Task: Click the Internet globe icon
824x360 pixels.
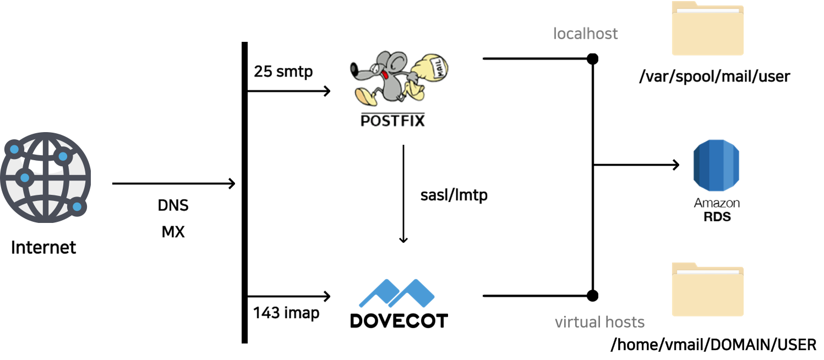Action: [46, 177]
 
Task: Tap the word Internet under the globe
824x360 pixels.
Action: [43, 247]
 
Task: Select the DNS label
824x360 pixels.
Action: [173, 205]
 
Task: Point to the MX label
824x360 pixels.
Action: [173, 232]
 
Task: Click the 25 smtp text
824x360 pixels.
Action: [283, 72]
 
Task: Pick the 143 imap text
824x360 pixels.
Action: [286, 313]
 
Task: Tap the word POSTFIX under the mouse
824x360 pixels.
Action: [392, 121]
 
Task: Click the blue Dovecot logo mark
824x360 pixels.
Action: [396, 293]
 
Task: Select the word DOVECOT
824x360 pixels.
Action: [399, 321]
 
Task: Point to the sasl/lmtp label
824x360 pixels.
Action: [454, 195]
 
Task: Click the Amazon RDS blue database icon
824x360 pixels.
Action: [716, 166]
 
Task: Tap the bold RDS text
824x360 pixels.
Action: [717, 216]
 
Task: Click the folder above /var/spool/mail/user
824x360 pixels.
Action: [708, 28]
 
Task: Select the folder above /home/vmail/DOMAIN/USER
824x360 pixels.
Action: [708, 290]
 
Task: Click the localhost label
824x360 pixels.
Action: [585, 34]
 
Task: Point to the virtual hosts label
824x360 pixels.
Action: [599, 322]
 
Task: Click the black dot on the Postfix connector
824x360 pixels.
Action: [592, 59]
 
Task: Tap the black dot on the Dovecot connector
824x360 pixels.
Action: [592, 296]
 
